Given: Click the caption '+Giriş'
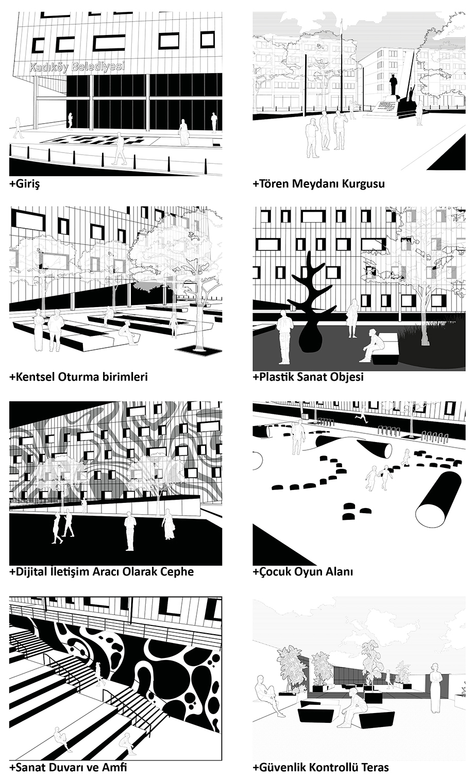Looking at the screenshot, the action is coord(25,183).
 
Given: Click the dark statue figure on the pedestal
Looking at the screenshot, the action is coord(393,84).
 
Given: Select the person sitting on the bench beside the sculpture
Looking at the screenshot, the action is coord(373,346).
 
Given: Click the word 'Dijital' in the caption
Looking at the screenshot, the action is coord(30,571).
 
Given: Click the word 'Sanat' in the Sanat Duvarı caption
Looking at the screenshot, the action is coord(31,767).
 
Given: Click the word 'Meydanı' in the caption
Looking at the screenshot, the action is coord(314,183).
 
